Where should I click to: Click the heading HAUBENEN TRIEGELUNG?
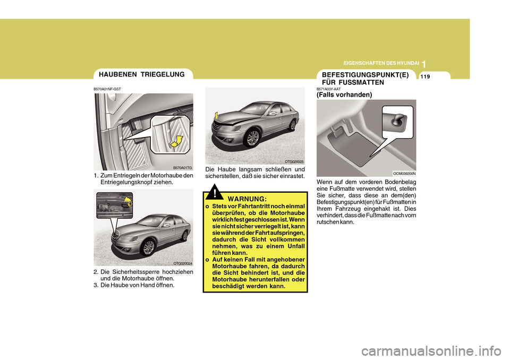point(141,75)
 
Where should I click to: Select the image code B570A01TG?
point(182,167)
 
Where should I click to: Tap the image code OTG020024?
point(182,263)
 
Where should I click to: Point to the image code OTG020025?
point(294,161)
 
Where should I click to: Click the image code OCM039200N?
point(404,173)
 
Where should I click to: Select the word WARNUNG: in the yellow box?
point(247,199)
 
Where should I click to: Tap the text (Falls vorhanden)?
point(344,94)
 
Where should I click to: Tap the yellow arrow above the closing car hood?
point(217,115)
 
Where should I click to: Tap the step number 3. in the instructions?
point(96,285)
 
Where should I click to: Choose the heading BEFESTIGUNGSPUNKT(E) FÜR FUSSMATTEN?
point(365,79)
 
